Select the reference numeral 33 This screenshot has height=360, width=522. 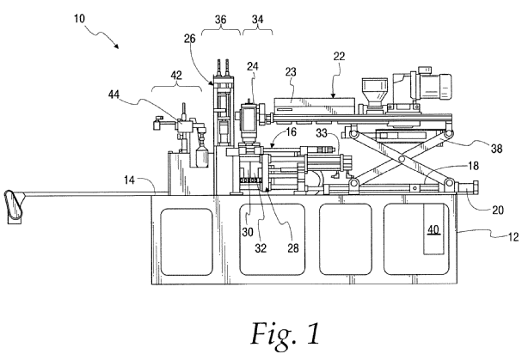320,135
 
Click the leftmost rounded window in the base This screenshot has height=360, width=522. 187,241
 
